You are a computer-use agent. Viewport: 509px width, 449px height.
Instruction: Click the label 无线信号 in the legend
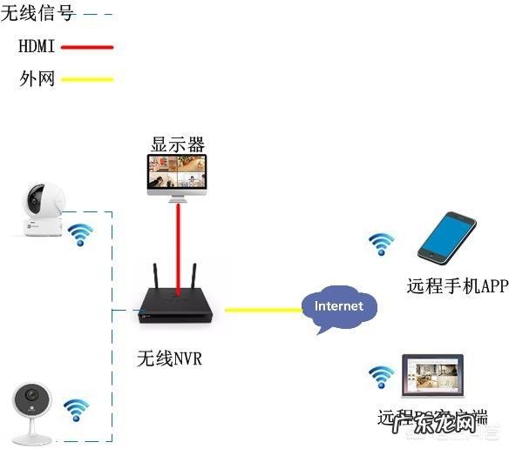point(37,13)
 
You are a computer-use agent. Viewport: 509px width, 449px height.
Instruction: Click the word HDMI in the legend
point(37,47)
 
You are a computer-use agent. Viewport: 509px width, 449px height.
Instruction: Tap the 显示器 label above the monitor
point(177,144)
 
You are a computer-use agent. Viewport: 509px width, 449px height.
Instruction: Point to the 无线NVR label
point(169,358)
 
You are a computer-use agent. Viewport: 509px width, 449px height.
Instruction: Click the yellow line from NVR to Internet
point(262,309)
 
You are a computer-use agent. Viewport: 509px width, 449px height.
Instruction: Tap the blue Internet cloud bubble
point(338,308)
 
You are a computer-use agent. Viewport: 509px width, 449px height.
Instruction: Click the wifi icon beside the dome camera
point(81,233)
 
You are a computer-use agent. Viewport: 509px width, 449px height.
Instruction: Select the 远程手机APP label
point(456,285)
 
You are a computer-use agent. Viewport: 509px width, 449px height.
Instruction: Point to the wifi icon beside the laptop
point(380,376)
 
